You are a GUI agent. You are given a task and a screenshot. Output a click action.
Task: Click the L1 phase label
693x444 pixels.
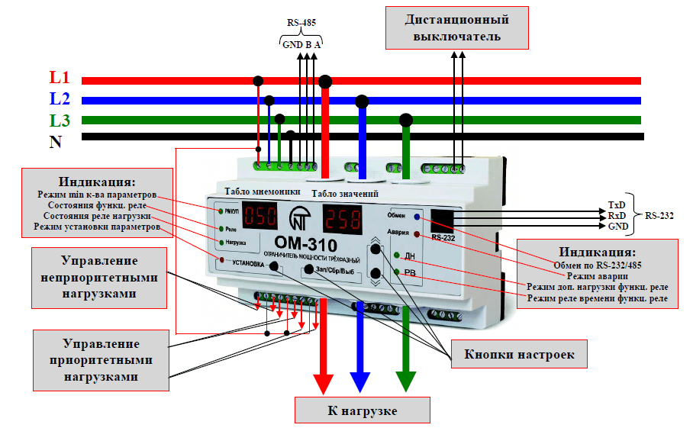(60, 78)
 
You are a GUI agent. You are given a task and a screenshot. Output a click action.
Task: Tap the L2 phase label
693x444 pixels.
(60, 98)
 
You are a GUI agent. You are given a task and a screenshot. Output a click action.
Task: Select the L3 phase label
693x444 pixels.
(60, 120)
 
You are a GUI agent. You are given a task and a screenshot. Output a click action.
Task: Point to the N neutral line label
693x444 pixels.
(56, 142)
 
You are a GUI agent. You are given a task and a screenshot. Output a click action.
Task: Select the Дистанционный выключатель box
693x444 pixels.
(456, 27)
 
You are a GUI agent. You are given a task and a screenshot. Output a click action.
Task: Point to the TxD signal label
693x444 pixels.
(617, 205)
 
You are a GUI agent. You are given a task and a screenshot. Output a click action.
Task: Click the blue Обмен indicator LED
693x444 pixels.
(416, 217)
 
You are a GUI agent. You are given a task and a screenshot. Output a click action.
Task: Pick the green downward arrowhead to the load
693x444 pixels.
(405, 379)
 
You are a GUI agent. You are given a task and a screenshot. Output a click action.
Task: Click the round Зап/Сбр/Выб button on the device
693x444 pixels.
(308, 269)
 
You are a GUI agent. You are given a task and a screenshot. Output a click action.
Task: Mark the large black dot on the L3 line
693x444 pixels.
(406, 119)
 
